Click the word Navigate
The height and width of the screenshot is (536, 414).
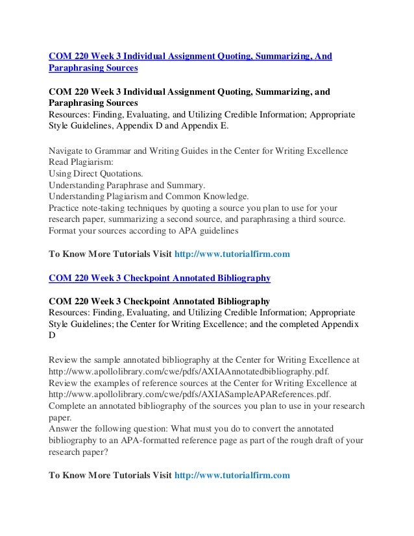pos(67,151)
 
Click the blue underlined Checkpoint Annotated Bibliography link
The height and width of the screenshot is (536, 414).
pos(160,278)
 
